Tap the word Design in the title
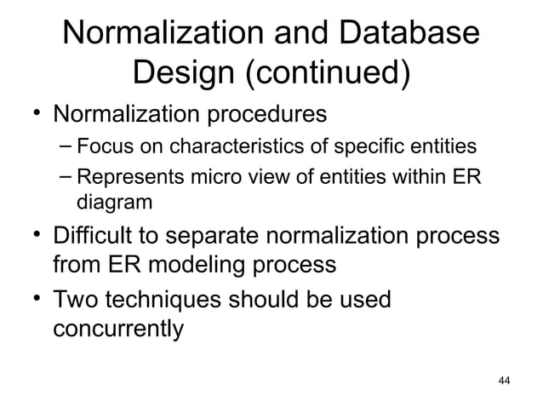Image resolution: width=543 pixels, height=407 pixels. pyautogui.click(x=184, y=74)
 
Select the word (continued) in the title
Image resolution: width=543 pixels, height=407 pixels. pyautogui.click(x=327, y=75)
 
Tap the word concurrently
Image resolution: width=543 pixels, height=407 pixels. pyautogui.click(x=117, y=329)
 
